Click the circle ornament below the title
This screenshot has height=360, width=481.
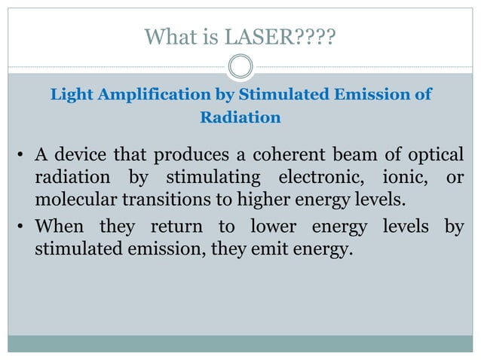pyautogui.click(x=240, y=68)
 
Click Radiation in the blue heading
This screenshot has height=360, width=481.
pyautogui.click(x=240, y=118)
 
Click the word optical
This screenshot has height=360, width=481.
pyautogui.click(x=436, y=156)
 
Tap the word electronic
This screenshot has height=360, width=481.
pyautogui.click(x=315, y=178)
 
